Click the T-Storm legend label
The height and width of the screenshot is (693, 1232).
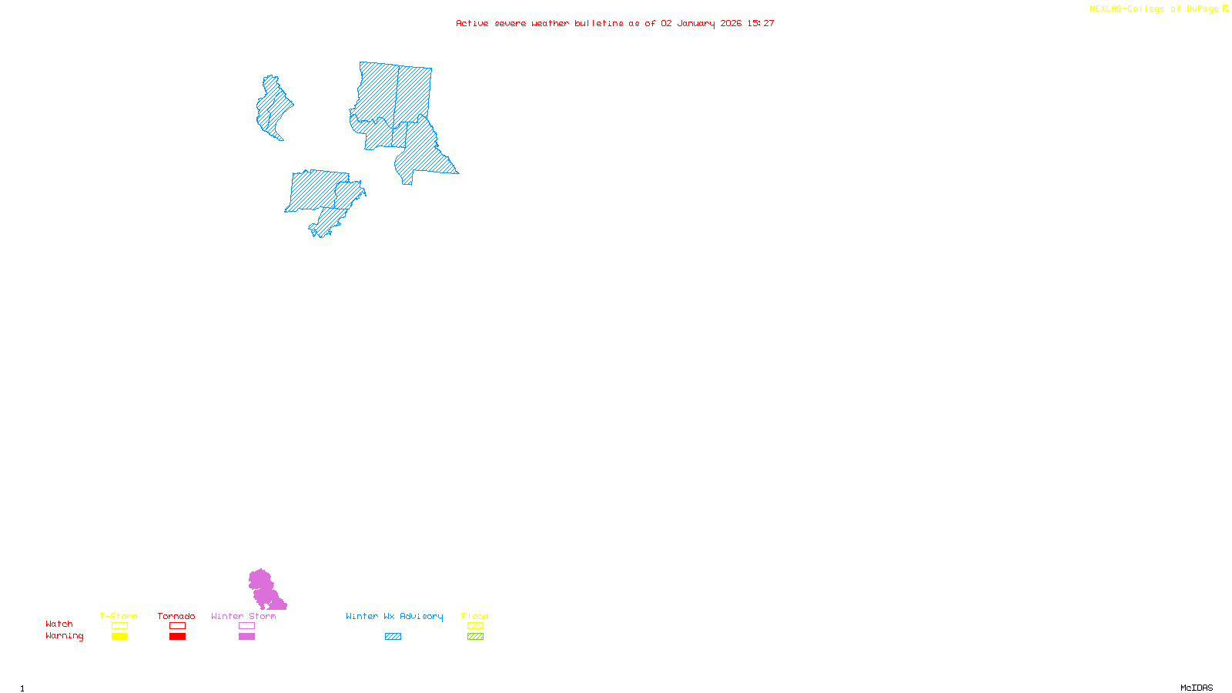click(x=119, y=616)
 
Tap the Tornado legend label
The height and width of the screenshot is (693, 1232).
click(x=176, y=616)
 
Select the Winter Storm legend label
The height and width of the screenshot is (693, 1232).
click(x=243, y=616)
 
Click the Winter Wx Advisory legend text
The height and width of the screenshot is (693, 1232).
click(x=394, y=616)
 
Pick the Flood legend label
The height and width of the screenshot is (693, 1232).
click(x=475, y=616)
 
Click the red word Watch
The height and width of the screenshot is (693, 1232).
click(x=59, y=624)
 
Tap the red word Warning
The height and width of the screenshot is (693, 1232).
click(x=65, y=636)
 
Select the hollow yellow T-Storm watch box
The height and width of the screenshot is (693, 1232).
click(x=119, y=626)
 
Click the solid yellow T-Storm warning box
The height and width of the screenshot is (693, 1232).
click(x=119, y=637)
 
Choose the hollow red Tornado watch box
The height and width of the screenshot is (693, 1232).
click(x=177, y=626)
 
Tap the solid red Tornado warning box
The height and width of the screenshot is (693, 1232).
click(x=177, y=637)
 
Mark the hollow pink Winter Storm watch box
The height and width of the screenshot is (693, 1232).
click(x=246, y=626)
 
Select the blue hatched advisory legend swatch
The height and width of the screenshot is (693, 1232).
click(x=393, y=637)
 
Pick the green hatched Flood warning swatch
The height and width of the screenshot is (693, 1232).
click(x=475, y=637)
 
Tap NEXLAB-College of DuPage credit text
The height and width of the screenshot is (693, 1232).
click(x=1154, y=9)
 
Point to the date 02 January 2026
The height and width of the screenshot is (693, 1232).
click(x=701, y=23)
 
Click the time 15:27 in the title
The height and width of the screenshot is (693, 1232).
click(x=761, y=23)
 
